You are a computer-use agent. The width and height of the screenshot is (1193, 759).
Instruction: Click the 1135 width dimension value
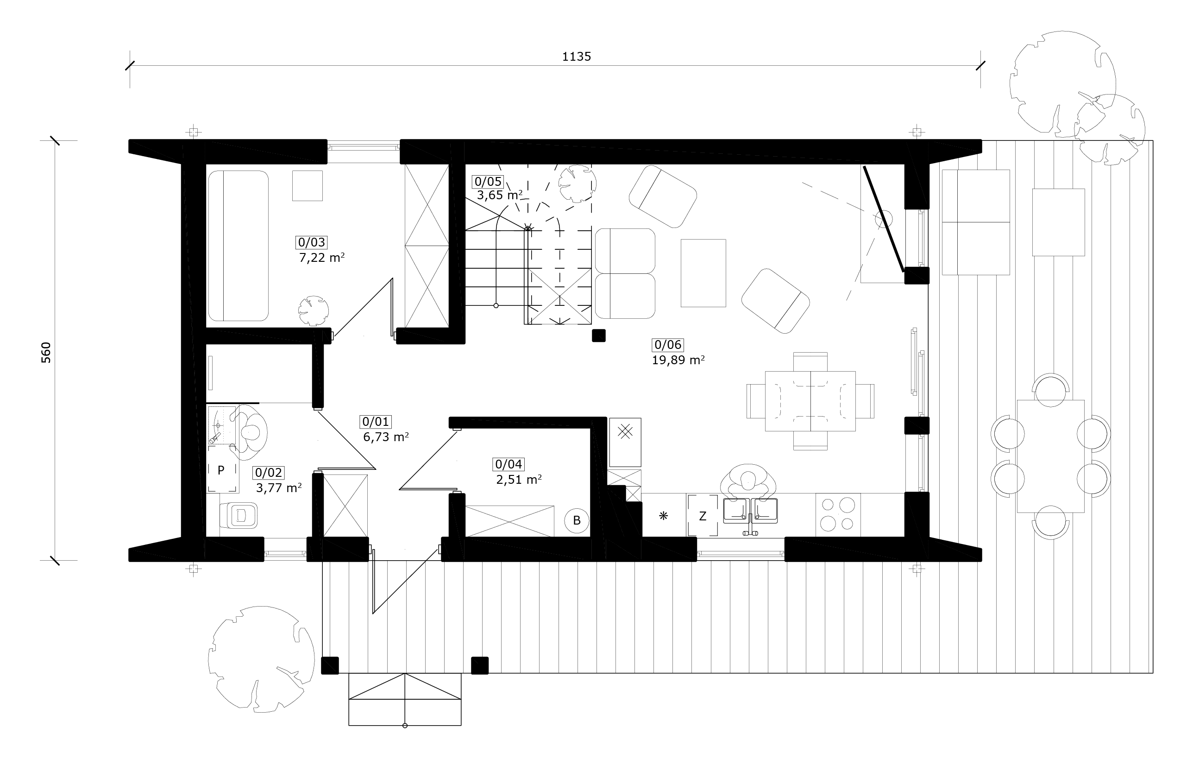pos(576,57)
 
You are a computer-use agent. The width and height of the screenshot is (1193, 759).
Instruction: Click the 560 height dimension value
pos(45,353)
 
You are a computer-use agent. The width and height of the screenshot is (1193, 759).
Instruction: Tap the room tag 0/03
pos(312,242)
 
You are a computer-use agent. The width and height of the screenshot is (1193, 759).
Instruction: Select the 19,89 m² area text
pos(678,360)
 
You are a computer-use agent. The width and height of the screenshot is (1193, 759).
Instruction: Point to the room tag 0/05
pos(488,182)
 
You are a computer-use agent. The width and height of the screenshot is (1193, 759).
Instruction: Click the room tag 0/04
pos(509,464)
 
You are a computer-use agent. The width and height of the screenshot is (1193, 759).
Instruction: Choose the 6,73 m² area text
pos(386,437)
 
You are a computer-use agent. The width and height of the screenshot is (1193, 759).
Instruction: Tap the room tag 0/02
pos(269,473)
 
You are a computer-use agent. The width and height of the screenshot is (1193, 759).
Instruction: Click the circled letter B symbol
pos(577,520)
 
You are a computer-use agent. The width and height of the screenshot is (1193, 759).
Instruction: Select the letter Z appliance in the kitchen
pos(703,516)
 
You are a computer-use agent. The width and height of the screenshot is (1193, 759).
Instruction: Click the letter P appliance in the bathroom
pos(221,470)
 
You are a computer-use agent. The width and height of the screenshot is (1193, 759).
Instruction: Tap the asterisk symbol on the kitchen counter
pos(663,516)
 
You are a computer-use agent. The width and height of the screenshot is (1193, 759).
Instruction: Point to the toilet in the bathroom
pos(239,516)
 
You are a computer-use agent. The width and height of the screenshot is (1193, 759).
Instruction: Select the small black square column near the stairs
pos(599,335)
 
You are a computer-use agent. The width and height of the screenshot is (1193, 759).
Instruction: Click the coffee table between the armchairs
pos(703,273)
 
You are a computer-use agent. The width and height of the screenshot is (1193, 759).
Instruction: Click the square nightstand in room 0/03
pos(307,186)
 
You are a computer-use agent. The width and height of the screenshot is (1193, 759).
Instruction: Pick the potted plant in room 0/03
pos(313,311)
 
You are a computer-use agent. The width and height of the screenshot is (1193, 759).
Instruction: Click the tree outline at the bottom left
pos(261,659)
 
